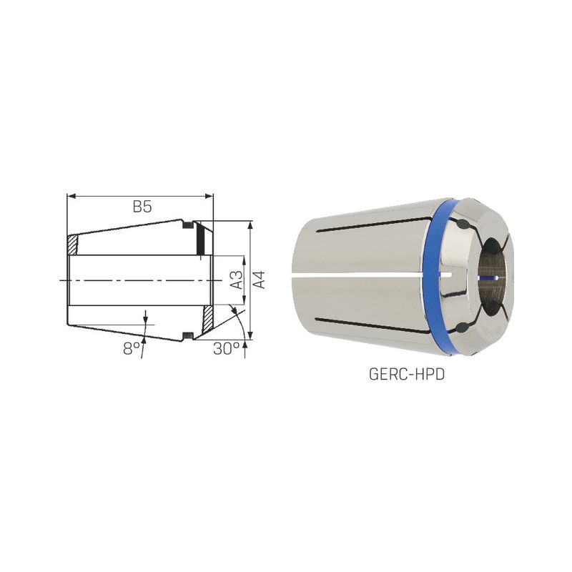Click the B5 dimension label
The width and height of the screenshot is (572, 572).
142,207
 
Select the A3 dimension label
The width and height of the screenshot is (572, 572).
237,280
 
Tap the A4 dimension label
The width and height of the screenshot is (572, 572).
259,280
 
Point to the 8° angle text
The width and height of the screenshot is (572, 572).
132,349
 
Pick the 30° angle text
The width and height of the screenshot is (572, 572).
227,349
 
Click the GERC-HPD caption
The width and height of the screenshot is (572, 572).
407,375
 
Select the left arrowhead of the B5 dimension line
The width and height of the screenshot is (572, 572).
71,196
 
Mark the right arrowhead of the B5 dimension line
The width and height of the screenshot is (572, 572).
209,196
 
